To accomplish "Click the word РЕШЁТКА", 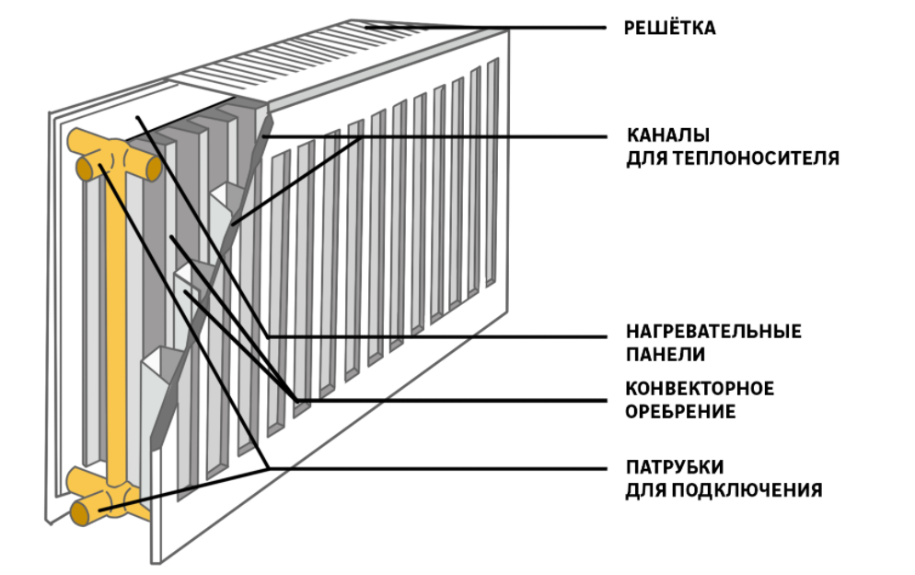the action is pos(669,29).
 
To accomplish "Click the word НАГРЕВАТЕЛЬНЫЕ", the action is pos(713,331).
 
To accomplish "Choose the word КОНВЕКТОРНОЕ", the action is pos(700,388).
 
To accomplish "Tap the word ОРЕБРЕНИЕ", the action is pos(680,412).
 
